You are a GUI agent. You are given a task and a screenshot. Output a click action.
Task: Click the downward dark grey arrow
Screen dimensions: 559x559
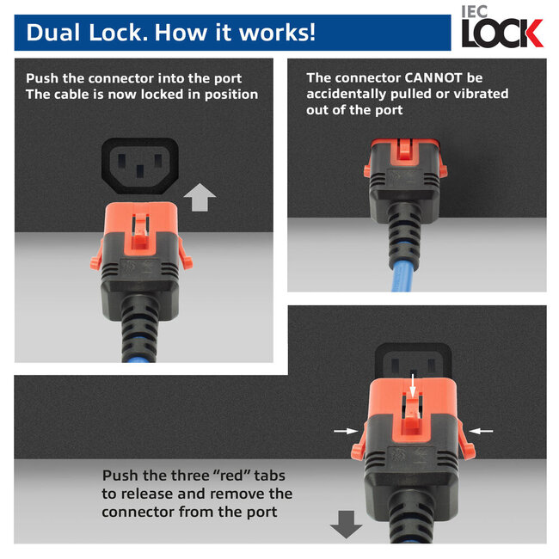click(347, 522)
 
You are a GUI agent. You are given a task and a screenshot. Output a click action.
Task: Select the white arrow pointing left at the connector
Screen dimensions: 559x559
click(482, 429)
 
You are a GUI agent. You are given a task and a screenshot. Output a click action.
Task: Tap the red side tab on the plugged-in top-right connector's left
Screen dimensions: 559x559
click(368, 169)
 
